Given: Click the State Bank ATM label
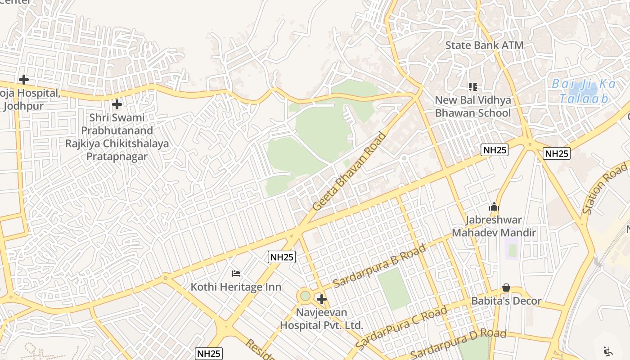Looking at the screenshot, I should click(x=484, y=45).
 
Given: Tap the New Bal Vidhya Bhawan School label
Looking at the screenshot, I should click(x=472, y=107).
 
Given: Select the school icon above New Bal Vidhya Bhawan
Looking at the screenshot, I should click(x=472, y=86).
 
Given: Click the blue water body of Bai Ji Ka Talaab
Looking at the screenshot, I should click(x=580, y=92).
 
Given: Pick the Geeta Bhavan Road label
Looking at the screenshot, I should click(x=350, y=171).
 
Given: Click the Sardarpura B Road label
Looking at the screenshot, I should click(x=379, y=267).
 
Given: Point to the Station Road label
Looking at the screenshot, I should click(x=604, y=189).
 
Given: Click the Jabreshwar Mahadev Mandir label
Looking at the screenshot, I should click(x=494, y=226).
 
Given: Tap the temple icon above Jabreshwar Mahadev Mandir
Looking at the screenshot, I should click(x=494, y=207).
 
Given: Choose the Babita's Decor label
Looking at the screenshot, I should click(x=506, y=301).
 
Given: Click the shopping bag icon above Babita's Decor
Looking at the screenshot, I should click(x=506, y=288).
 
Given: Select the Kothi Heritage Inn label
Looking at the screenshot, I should click(x=236, y=287).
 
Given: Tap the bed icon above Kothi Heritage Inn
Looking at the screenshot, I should click(x=236, y=273).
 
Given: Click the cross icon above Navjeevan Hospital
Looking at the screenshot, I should click(x=322, y=299).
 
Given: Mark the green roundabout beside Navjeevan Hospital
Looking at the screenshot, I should click(x=305, y=296).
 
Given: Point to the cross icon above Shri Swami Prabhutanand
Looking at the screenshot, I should click(x=117, y=105).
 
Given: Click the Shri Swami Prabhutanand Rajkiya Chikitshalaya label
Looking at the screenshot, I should click(x=117, y=137).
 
